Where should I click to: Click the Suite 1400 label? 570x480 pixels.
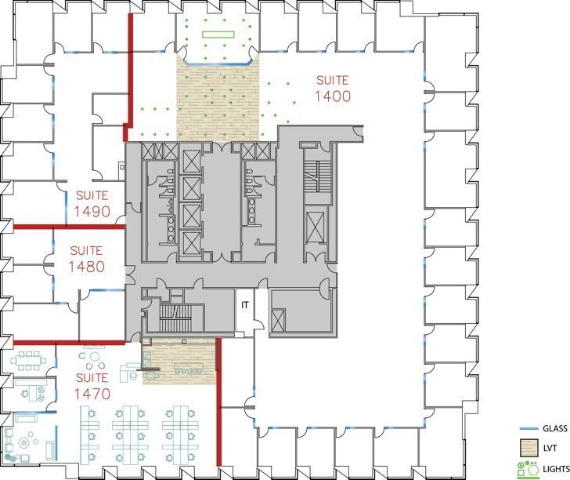click(331, 89)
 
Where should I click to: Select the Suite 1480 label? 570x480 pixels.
click(86, 259)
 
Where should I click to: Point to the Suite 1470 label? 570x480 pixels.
click(93, 386)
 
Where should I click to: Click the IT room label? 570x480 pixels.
click(244, 304)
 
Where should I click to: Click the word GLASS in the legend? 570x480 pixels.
click(554, 429)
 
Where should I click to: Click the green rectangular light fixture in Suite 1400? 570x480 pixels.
click(218, 34)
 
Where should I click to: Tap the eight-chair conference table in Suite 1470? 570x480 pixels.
click(29, 362)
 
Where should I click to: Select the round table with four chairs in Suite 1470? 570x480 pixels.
click(94, 362)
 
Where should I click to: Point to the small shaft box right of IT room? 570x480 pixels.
click(277, 314)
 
